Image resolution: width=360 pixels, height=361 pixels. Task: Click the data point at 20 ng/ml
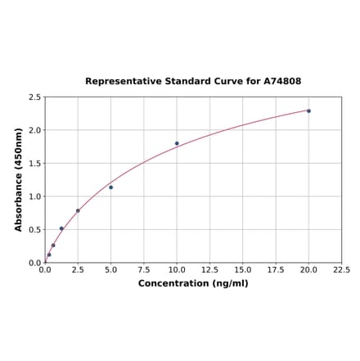coord(308,111)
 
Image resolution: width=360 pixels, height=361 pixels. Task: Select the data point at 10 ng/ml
coord(177,143)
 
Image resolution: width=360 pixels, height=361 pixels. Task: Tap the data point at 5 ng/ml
coord(110,187)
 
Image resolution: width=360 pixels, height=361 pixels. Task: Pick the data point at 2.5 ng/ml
coord(78,210)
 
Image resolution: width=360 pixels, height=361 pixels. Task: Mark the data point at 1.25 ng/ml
coord(61,228)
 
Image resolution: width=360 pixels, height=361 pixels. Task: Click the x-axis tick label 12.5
coord(209,269)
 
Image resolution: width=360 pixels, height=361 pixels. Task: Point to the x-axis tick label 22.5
coord(341,269)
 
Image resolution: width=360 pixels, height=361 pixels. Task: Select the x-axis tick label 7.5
coord(143,269)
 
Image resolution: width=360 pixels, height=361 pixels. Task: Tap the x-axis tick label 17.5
coord(276,269)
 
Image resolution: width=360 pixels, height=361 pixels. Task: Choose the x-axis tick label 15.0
coord(242,269)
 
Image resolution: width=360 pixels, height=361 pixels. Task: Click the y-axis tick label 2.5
coord(35,97)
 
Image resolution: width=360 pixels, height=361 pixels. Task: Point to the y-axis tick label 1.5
coord(35,164)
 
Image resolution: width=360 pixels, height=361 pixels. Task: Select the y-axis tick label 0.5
coord(35,230)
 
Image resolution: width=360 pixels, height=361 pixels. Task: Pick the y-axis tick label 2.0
coord(35,130)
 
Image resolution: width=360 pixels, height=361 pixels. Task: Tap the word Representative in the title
coord(118,82)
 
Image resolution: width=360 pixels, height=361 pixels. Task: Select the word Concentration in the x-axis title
coord(173,283)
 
